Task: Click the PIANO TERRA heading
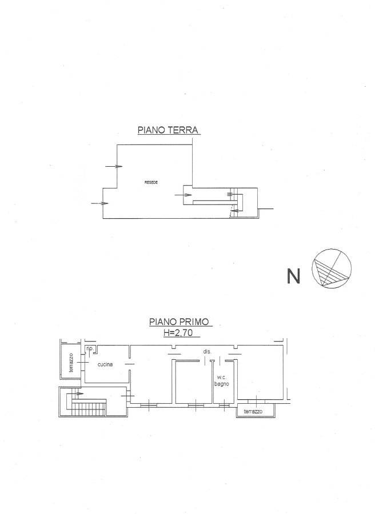168,130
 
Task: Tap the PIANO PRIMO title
179,322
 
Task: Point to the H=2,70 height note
178,333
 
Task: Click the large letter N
293,276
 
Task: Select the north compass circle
331,268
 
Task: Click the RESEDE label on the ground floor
151,182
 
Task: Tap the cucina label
105,364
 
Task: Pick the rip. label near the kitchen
90,349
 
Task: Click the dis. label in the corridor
207,351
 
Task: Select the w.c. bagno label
221,380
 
